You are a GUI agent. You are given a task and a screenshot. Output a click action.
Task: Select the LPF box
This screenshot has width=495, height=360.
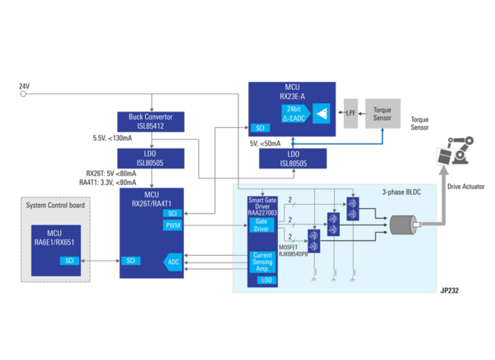(x=350, y=111)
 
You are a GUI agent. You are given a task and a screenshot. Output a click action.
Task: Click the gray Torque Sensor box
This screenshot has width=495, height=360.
(x=382, y=113)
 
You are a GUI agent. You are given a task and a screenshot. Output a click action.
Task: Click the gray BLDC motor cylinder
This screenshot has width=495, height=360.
(x=403, y=225)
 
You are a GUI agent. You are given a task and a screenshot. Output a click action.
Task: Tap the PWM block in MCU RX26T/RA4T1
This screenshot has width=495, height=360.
(x=172, y=225)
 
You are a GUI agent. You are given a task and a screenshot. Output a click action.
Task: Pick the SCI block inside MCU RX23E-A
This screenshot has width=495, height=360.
(x=260, y=128)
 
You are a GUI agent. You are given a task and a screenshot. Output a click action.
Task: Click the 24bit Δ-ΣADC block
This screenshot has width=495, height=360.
(x=293, y=112)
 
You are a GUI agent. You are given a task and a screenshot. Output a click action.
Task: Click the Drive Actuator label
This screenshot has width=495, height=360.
(x=465, y=187)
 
